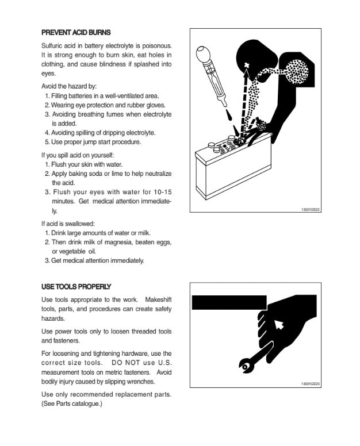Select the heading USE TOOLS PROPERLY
click(76, 286)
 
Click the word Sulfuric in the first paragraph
click(55, 45)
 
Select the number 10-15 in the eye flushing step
click(158, 192)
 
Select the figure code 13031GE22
click(310, 209)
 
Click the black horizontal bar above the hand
click(228, 301)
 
